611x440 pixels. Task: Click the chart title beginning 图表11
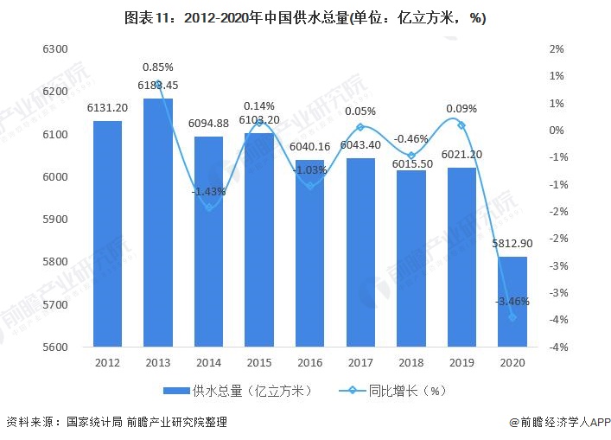[305, 18]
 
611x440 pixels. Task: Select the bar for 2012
[107, 233]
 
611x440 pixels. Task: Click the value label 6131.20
[107, 108]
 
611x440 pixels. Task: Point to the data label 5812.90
[512, 244]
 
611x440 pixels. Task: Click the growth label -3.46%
[512, 302]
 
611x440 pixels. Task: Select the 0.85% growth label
[158, 67]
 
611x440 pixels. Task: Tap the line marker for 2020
[512, 317]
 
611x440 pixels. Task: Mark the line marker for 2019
[461, 125]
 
